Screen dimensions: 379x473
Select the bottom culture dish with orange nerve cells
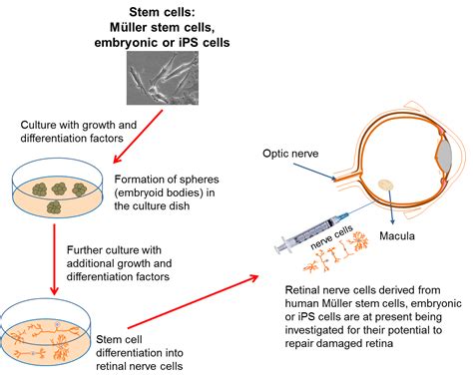(x=50, y=335)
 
